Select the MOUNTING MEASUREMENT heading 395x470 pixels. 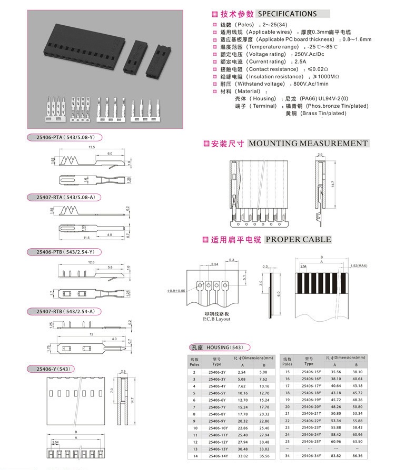(308, 144)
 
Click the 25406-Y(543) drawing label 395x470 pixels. (53, 367)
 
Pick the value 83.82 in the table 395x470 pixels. (334, 455)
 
